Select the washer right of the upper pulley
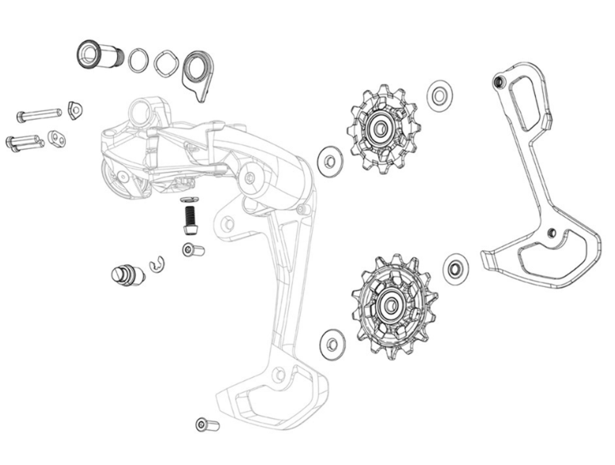(439, 95)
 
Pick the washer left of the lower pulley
(333, 343)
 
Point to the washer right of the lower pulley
(457, 269)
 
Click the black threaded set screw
(189, 219)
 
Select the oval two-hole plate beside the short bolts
(57, 139)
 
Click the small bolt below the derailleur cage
(206, 425)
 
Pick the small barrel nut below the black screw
(193, 251)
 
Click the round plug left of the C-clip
(127, 276)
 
